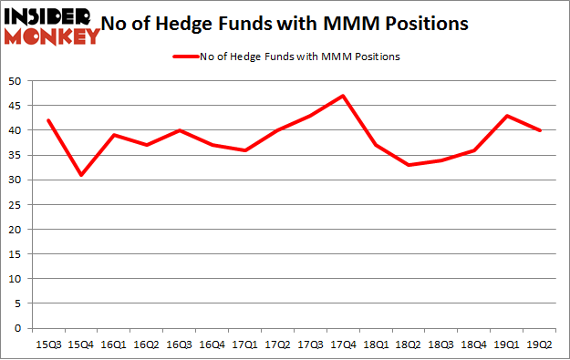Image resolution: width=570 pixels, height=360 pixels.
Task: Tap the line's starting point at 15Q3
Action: point(49,120)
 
